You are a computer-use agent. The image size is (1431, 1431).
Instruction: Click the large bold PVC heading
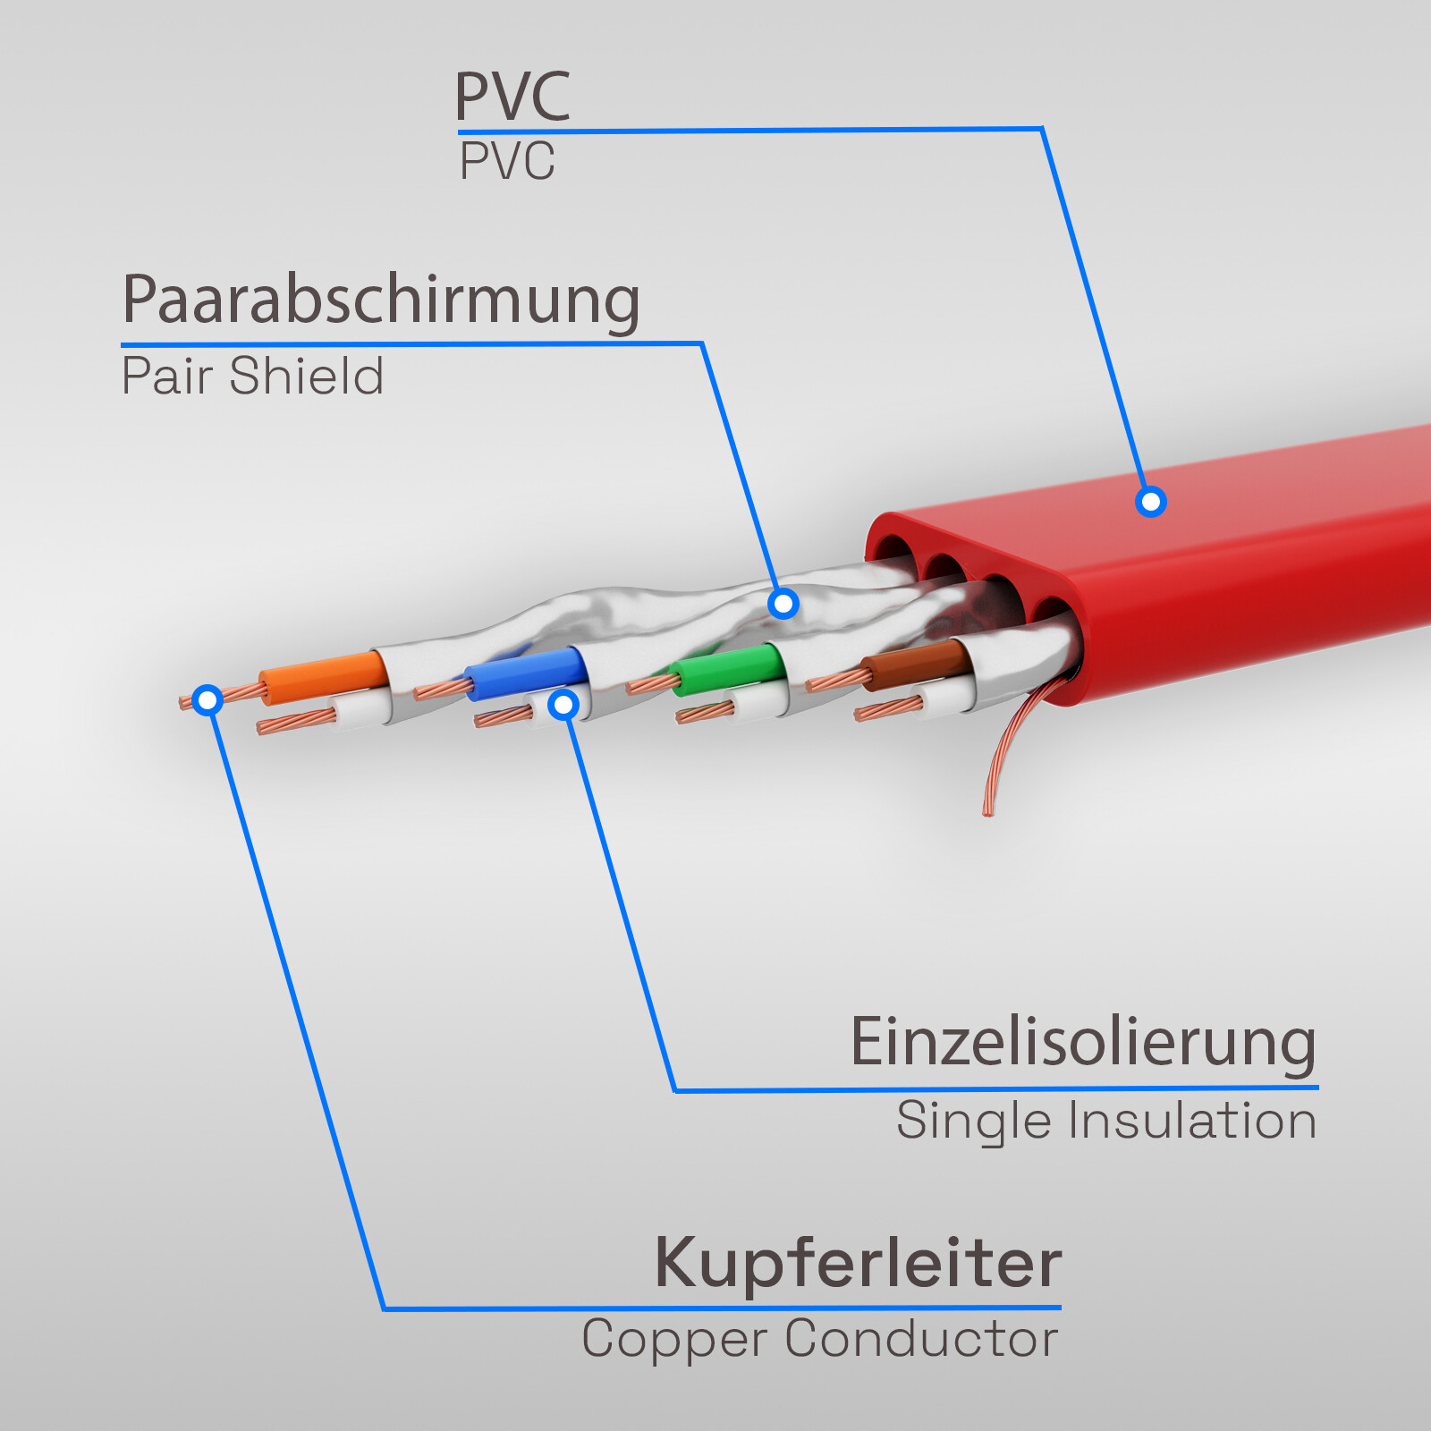[512, 97]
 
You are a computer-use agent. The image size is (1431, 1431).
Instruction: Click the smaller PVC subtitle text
[506, 162]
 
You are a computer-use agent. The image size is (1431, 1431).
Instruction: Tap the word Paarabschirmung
[381, 300]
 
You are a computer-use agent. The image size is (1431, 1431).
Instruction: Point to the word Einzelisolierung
[1083, 1043]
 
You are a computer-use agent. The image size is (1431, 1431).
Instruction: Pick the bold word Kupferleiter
[859, 1263]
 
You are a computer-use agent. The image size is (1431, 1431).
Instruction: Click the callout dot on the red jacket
[1151, 502]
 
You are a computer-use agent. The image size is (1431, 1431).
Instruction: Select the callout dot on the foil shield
[783, 604]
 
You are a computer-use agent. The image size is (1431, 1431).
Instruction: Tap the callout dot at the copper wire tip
[207, 699]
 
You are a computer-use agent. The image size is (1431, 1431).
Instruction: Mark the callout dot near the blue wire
[563, 705]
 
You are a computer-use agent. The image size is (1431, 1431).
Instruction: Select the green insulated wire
[729, 668]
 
